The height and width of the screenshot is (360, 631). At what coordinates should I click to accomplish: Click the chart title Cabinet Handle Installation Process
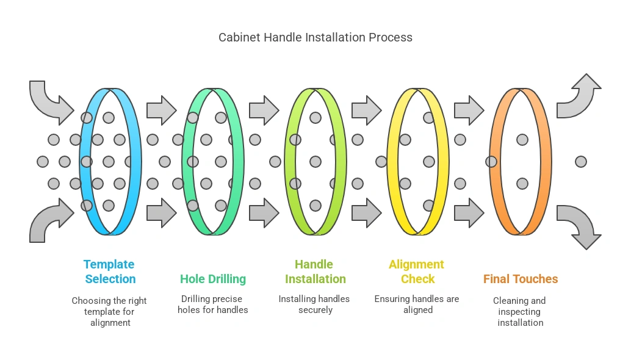[x=315, y=37]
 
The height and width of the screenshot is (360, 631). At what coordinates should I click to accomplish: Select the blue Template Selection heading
[x=110, y=272]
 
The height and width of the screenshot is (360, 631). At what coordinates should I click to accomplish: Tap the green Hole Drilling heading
[x=213, y=279]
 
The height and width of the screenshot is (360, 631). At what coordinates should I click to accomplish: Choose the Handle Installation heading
[x=315, y=272]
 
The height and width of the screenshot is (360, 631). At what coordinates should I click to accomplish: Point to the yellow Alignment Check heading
[x=417, y=272]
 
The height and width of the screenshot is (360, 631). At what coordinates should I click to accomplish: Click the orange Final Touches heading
[x=521, y=279]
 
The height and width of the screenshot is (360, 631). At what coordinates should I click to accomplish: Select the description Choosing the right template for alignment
[x=110, y=311]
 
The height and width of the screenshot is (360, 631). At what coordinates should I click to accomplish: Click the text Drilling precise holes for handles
[x=213, y=304]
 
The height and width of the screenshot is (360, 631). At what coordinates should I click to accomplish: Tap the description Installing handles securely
[x=315, y=304]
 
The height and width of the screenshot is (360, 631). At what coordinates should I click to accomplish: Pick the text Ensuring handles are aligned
[x=417, y=304]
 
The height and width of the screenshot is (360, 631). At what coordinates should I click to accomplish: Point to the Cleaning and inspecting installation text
[x=521, y=311]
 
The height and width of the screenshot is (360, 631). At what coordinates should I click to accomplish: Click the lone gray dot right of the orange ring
[x=581, y=162]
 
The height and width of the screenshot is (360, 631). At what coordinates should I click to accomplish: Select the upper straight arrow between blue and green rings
[x=161, y=110]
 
